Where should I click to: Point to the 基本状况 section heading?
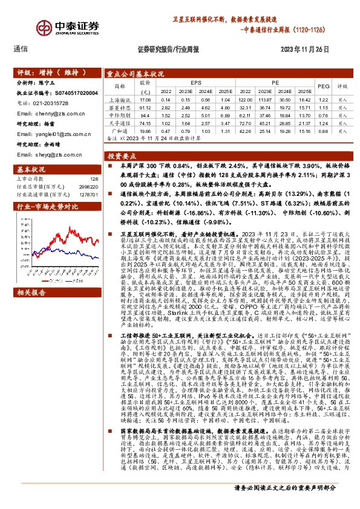pos(28,170)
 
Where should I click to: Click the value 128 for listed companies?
pos(93,179)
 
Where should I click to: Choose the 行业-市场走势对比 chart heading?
pos(40,206)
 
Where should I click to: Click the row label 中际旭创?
pos(119,114)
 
